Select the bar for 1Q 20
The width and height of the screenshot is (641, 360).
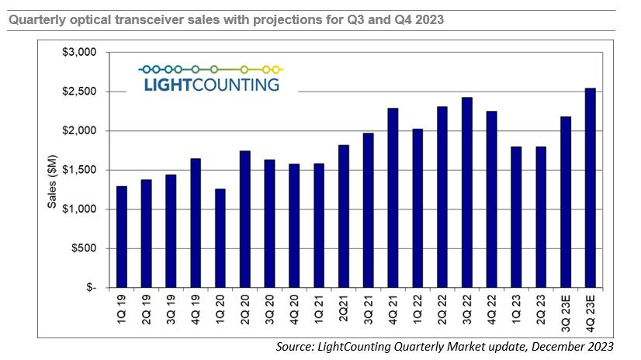tap(220, 237)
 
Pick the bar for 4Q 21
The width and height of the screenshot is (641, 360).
tap(393, 198)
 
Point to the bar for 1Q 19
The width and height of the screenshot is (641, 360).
tap(121, 237)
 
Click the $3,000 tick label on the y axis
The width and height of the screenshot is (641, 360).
tap(78, 53)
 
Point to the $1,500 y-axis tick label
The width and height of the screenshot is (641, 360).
tap(78, 170)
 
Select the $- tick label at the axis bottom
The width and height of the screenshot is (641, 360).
tap(88, 287)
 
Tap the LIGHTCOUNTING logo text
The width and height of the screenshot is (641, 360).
tap(212, 85)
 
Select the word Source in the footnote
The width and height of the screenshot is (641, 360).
tap(295, 346)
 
